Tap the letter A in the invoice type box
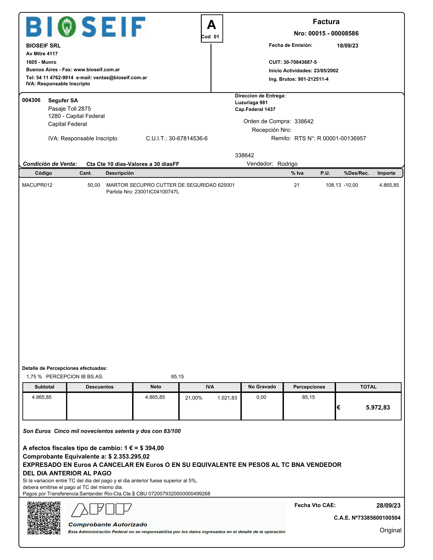coord(212,25)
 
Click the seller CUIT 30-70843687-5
coord(300,62)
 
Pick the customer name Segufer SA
coord(63,100)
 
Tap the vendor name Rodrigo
coord(287,164)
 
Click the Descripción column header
coord(120,173)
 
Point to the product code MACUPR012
coord(37,185)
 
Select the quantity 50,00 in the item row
coord(94,185)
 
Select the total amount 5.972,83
coord(378,407)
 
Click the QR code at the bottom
coord(44,518)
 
